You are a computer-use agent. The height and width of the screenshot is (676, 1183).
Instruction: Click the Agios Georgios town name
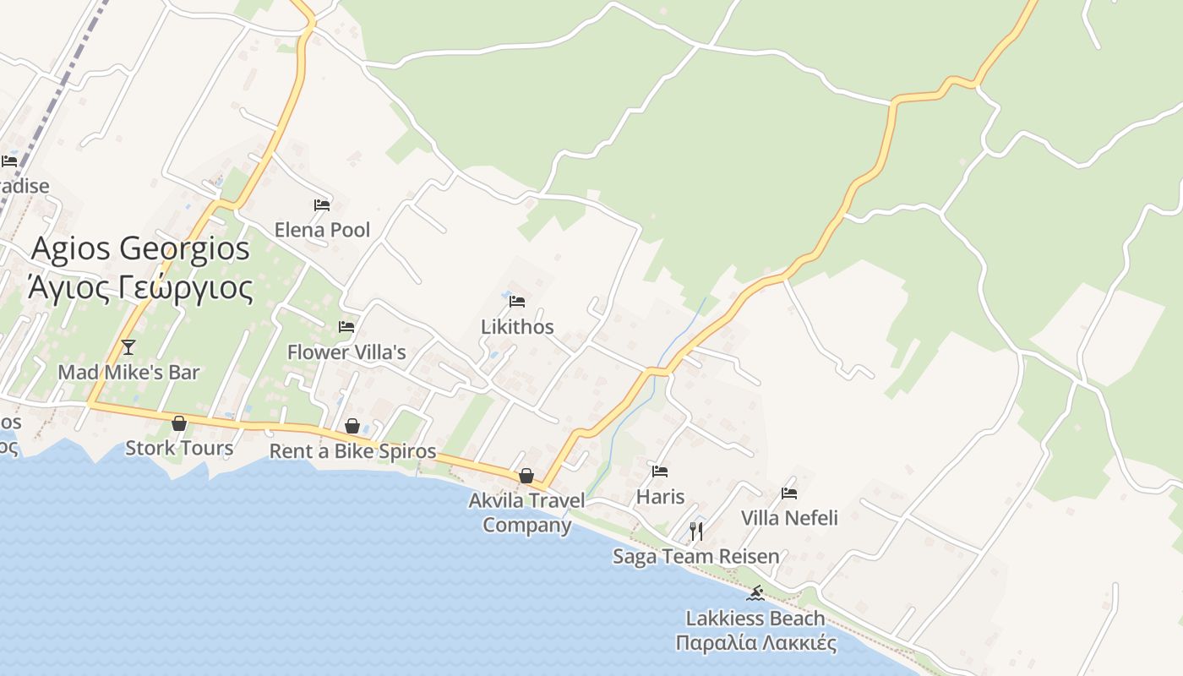(x=141, y=249)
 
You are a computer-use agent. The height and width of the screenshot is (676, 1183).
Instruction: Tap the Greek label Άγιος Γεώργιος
(x=141, y=287)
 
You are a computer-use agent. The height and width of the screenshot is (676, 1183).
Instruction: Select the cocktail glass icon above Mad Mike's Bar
(x=128, y=346)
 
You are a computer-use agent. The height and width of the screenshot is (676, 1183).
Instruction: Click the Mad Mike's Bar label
(x=128, y=372)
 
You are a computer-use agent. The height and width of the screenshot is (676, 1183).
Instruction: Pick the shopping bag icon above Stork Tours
(x=179, y=423)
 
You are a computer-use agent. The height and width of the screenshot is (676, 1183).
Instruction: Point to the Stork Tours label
(x=179, y=448)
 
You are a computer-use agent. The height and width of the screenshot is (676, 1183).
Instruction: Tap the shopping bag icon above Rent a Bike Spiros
(x=352, y=426)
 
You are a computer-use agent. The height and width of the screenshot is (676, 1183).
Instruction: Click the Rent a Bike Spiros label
(x=352, y=451)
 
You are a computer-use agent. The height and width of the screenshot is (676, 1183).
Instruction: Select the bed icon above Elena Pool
(x=322, y=205)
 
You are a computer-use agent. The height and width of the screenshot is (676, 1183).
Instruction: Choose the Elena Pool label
(x=322, y=230)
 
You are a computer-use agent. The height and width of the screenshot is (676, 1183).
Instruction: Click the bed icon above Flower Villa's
(x=346, y=327)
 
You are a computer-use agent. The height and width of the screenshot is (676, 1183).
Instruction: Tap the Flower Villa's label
(x=346, y=352)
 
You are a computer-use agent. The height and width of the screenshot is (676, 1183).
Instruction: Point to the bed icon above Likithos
(x=517, y=301)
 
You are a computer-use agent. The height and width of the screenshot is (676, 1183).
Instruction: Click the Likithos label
(x=517, y=327)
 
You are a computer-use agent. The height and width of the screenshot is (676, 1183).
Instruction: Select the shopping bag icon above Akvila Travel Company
(x=526, y=476)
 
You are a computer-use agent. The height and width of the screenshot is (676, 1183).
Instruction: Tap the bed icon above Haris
(x=660, y=472)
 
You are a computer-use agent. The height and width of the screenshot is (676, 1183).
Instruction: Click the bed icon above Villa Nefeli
(x=789, y=493)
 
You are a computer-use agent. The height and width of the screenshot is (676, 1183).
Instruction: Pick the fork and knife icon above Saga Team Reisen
(x=696, y=531)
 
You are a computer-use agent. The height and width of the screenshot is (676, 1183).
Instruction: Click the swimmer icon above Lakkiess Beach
(x=756, y=593)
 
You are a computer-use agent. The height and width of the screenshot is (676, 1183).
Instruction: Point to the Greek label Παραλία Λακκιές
(x=756, y=643)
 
